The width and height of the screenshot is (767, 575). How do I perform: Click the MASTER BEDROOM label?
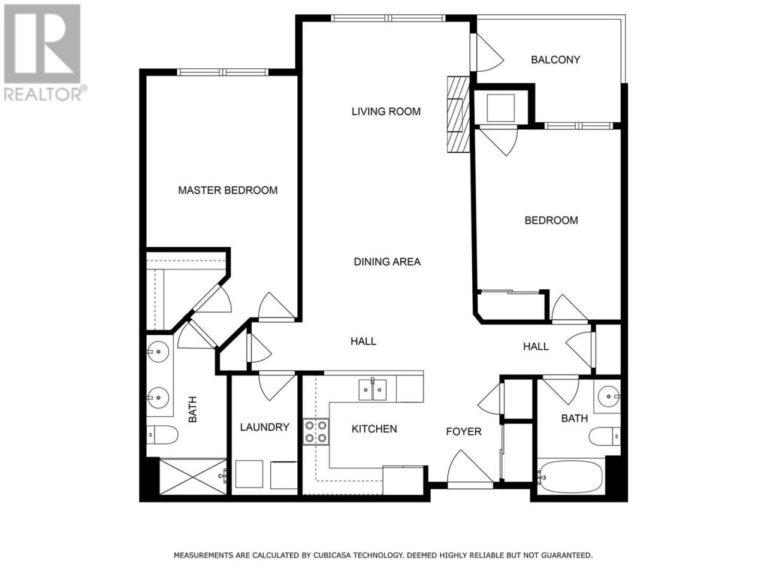[x=228, y=190]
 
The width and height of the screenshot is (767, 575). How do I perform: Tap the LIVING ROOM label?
[x=386, y=111]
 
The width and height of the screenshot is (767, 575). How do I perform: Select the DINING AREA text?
[x=387, y=262]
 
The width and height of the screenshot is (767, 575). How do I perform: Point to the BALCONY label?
[x=555, y=60]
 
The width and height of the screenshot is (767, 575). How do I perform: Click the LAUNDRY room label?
[x=264, y=427]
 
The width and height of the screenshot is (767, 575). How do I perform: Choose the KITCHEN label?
[x=374, y=429]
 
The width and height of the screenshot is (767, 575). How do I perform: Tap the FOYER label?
[x=464, y=431]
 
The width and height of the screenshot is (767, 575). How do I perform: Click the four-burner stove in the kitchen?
[x=316, y=432]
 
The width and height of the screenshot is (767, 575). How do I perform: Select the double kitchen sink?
[x=373, y=389]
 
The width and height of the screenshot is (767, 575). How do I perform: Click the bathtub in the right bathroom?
[x=570, y=477]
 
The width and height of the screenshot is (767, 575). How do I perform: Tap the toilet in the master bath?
[x=162, y=435]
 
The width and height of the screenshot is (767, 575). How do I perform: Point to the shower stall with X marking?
[x=193, y=477]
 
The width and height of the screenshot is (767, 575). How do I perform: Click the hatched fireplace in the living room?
[x=458, y=114]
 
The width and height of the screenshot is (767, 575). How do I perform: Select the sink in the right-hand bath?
[x=609, y=397]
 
